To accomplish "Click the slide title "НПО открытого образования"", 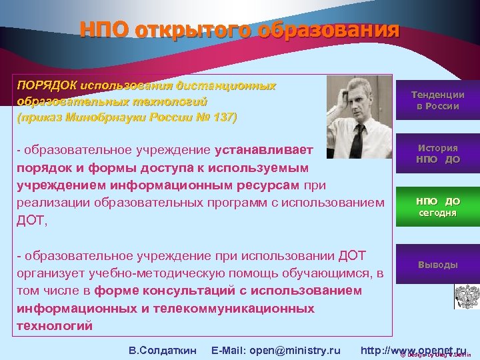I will coord(239,30).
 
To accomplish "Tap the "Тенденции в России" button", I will coord(437,101).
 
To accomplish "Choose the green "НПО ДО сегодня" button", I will coord(437,207).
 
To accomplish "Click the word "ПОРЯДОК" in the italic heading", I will coord(46,87).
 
